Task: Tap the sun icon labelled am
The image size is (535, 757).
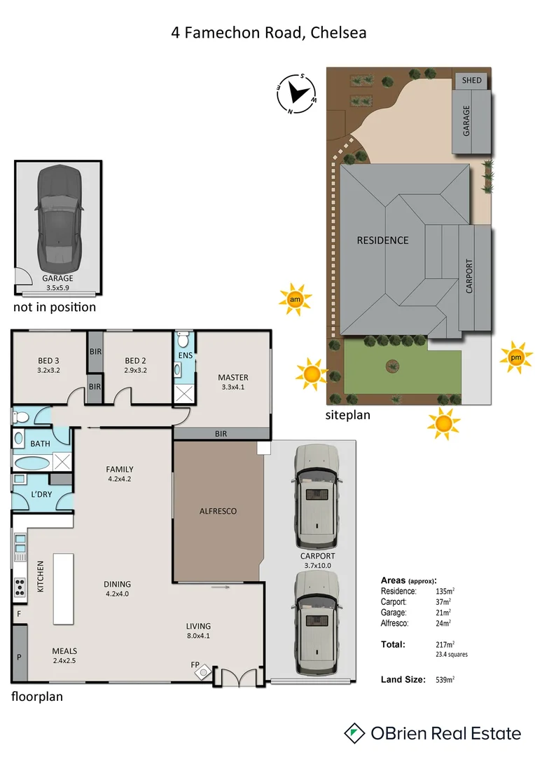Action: (x=294, y=300)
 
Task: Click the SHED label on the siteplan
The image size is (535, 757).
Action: (x=472, y=81)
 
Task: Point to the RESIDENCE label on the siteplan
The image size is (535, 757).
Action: (x=382, y=240)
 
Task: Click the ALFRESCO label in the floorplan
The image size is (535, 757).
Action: (x=217, y=511)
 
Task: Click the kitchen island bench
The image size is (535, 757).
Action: (x=64, y=588)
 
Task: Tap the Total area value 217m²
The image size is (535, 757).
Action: (x=444, y=644)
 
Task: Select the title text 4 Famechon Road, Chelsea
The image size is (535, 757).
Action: (x=269, y=32)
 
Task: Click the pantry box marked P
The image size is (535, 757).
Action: (x=19, y=656)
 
